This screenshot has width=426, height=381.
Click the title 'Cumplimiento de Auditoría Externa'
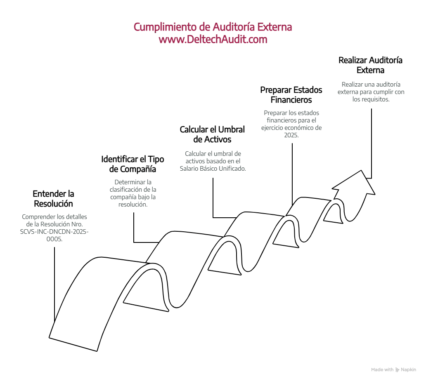point(213,27)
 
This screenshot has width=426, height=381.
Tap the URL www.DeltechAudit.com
point(213,40)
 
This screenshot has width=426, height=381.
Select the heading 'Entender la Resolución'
point(53,198)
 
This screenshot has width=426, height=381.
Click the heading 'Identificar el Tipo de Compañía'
point(132,164)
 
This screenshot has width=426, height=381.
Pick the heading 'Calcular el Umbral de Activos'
point(212,134)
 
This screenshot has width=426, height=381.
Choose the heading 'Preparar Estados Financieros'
point(291,95)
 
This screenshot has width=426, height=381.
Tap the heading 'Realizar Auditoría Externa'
point(370,65)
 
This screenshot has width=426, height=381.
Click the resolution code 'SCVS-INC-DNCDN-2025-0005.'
point(54,234)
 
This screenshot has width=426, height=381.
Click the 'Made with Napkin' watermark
point(393,369)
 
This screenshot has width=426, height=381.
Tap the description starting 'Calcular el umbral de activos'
point(213,161)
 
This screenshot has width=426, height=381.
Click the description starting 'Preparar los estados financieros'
point(291,124)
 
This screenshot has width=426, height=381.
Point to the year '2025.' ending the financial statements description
point(291,135)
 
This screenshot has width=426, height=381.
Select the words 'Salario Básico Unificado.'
point(213,168)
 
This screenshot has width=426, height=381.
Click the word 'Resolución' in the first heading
point(53,203)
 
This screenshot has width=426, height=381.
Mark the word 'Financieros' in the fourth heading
point(291,100)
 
